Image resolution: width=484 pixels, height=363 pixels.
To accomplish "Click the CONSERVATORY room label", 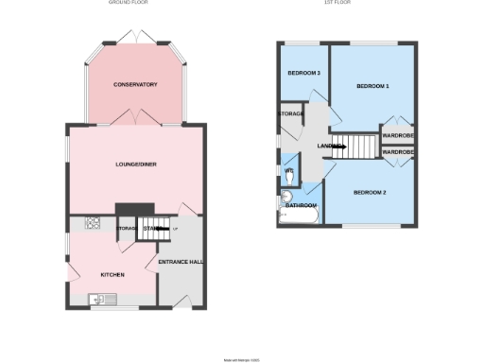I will [134, 85].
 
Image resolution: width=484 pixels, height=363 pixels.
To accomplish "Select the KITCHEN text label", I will [113, 275].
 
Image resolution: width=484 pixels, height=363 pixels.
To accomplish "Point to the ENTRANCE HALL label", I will [181, 262].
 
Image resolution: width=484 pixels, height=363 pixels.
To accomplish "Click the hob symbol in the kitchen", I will [94, 224].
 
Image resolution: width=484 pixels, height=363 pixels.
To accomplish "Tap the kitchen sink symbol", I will [103, 301].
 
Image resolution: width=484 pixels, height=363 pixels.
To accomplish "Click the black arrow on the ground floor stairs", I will [161, 228].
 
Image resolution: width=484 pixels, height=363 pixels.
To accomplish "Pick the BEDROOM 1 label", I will [372, 86].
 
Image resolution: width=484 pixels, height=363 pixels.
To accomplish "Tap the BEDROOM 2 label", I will [370, 193].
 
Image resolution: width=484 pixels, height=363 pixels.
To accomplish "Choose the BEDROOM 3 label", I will [304, 74].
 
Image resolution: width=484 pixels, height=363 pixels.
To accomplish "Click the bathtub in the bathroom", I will [299, 217].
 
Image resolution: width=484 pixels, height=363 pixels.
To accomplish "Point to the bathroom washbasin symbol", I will [287, 198].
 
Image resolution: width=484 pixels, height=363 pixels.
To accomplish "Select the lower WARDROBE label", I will [397, 151].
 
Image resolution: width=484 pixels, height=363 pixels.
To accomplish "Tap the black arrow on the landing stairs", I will [340, 147].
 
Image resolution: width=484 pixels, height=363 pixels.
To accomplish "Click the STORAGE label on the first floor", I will [290, 113].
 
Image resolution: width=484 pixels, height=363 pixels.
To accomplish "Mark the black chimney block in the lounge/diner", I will [133, 209].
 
